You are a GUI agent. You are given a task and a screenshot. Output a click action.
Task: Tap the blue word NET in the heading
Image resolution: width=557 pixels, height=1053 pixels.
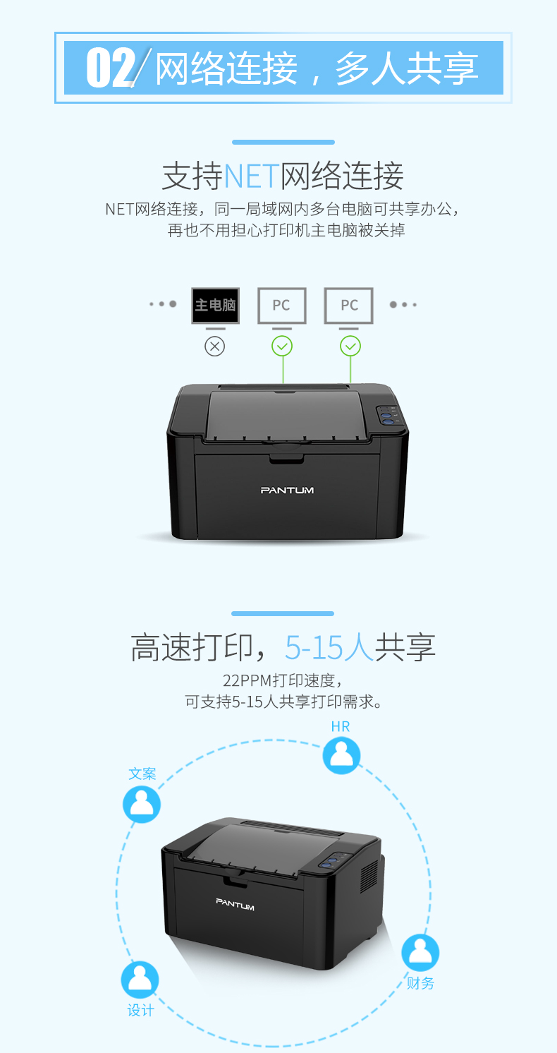(x=252, y=176)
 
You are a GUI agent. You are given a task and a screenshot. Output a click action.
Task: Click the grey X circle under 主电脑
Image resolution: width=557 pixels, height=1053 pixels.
(x=214, y=347)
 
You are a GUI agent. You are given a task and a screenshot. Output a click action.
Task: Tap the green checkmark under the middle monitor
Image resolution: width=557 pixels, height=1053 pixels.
(x=282, y=347)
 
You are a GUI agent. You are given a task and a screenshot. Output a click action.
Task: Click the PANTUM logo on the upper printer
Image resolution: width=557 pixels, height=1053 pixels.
(x=287, y=491)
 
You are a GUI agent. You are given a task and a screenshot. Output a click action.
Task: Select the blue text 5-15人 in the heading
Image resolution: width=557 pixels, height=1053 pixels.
(x=329, y=647)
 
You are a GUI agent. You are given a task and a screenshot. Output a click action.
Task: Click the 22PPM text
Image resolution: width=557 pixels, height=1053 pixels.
(x=247, y=680)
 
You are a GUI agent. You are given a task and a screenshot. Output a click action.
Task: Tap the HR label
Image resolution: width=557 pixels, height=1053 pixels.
(x=341, y=727)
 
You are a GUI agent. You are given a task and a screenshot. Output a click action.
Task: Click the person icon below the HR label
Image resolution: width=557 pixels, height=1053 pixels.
(x=341, y=755)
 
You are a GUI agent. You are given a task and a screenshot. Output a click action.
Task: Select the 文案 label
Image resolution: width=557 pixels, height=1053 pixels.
(x=142, y=774)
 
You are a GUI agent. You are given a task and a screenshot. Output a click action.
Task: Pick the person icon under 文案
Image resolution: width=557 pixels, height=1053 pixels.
(x=142, y=805)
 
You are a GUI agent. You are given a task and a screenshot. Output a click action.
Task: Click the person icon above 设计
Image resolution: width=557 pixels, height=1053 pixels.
(x=140, y=980)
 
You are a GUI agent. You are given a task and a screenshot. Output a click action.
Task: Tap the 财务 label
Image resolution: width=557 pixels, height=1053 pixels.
(x=420, y=983)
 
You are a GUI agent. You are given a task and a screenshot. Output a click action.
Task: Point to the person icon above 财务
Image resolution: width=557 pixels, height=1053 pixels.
(x=420, y=952)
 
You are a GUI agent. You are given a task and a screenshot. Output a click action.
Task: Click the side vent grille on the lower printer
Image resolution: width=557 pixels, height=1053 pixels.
(x=369, y=877)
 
